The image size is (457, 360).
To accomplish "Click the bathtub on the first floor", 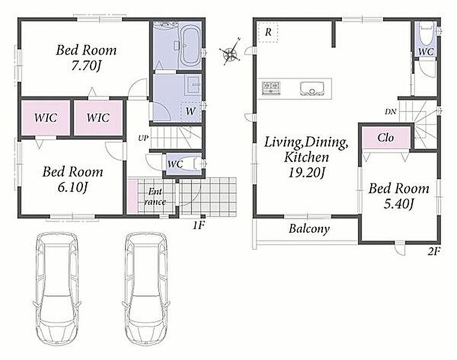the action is pyautogui.click(x=190, y=46).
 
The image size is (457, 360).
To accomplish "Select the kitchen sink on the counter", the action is pyautogui.click(x=312, y=88).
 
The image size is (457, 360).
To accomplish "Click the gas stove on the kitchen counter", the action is pyautogui.click(x=271, y=88).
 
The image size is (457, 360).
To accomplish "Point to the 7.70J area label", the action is pyautogui.click(x=86, y=67).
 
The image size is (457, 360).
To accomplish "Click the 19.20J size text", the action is pyautogui.click(x=306, y=173).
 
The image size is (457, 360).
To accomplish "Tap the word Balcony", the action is pyautogui.click(x=309, y=229).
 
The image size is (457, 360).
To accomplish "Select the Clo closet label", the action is pyautogui.click(x=386, y=137).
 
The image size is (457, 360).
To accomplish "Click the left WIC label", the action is pyautogui.click(x=46, y=118).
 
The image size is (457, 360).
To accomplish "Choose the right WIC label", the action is pyautogui.click(x=98, y=118).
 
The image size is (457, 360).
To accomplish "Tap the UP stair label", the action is pyautogui.click(x=143, y=138).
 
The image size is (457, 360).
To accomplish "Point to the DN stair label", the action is pyautogui.click(x=390, y=111).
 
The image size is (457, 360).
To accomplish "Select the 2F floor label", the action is pyautogui.click(x=434, y=251).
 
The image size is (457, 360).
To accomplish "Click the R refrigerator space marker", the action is pyautogui.click(x=268, y=32).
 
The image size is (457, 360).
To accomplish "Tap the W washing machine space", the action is pyautogui.click(x=191, y=112).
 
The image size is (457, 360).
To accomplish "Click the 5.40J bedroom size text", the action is pyautogui.click(x=399, y=204).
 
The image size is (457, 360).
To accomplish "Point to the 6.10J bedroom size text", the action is pyautogui.click(x=73, y=188).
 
